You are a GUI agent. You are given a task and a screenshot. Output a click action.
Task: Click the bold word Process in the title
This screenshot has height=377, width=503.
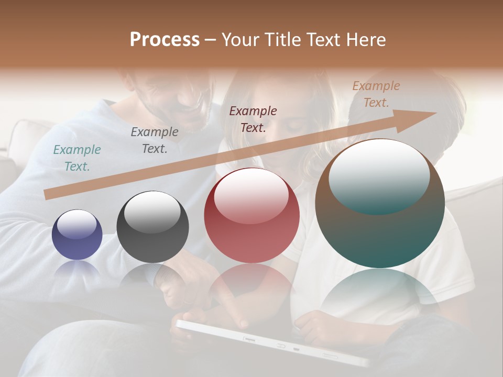click(x=165, y=40)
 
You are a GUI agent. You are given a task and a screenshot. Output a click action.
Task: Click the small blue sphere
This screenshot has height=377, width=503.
click(x=77, y=235)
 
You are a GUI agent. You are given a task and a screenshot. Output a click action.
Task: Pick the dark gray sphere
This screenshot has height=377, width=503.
click(x=152, y=227)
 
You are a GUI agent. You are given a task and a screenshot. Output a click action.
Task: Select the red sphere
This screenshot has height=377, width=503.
click(x=251, y=215)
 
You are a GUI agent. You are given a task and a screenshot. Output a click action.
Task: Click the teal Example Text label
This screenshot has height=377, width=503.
click(x=77, y=158)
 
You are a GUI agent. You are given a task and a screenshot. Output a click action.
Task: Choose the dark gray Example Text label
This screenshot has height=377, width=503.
click(x=155, y=140)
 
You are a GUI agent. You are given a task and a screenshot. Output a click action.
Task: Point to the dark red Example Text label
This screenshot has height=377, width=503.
click(x=253, y=119)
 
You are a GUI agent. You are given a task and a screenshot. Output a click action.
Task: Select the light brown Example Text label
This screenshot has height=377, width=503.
click(x=376, y=94)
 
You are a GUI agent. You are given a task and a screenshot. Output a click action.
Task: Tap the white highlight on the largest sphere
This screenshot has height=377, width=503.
click(x=379, y=176)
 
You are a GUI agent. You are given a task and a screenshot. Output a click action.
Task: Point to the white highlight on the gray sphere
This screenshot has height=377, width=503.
click(x=152, y=212)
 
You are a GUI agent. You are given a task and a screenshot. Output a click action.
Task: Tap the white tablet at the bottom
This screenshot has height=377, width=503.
click(x=272, y=343)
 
